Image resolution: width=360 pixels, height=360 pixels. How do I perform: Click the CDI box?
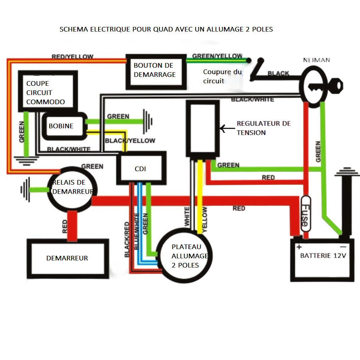(x=141, y=169)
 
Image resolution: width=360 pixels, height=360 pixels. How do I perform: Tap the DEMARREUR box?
(x=67, y=258)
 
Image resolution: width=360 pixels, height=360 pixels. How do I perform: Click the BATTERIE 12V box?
(x=322, y=260)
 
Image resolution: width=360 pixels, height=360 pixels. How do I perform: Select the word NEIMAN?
(x=316, y=60)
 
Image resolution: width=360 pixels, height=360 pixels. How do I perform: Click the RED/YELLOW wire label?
(x=73, y=57)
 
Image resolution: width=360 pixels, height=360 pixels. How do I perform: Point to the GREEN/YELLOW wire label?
(x=217, y=56)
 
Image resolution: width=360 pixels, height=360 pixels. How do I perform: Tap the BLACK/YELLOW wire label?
(x=130, y=141)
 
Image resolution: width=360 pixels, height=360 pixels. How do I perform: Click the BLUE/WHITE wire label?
(x=137, y=231)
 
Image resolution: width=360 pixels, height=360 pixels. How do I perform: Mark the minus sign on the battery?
(x=343, y=247)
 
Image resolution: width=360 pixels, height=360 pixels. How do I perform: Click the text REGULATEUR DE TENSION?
(x=263, y=128)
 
